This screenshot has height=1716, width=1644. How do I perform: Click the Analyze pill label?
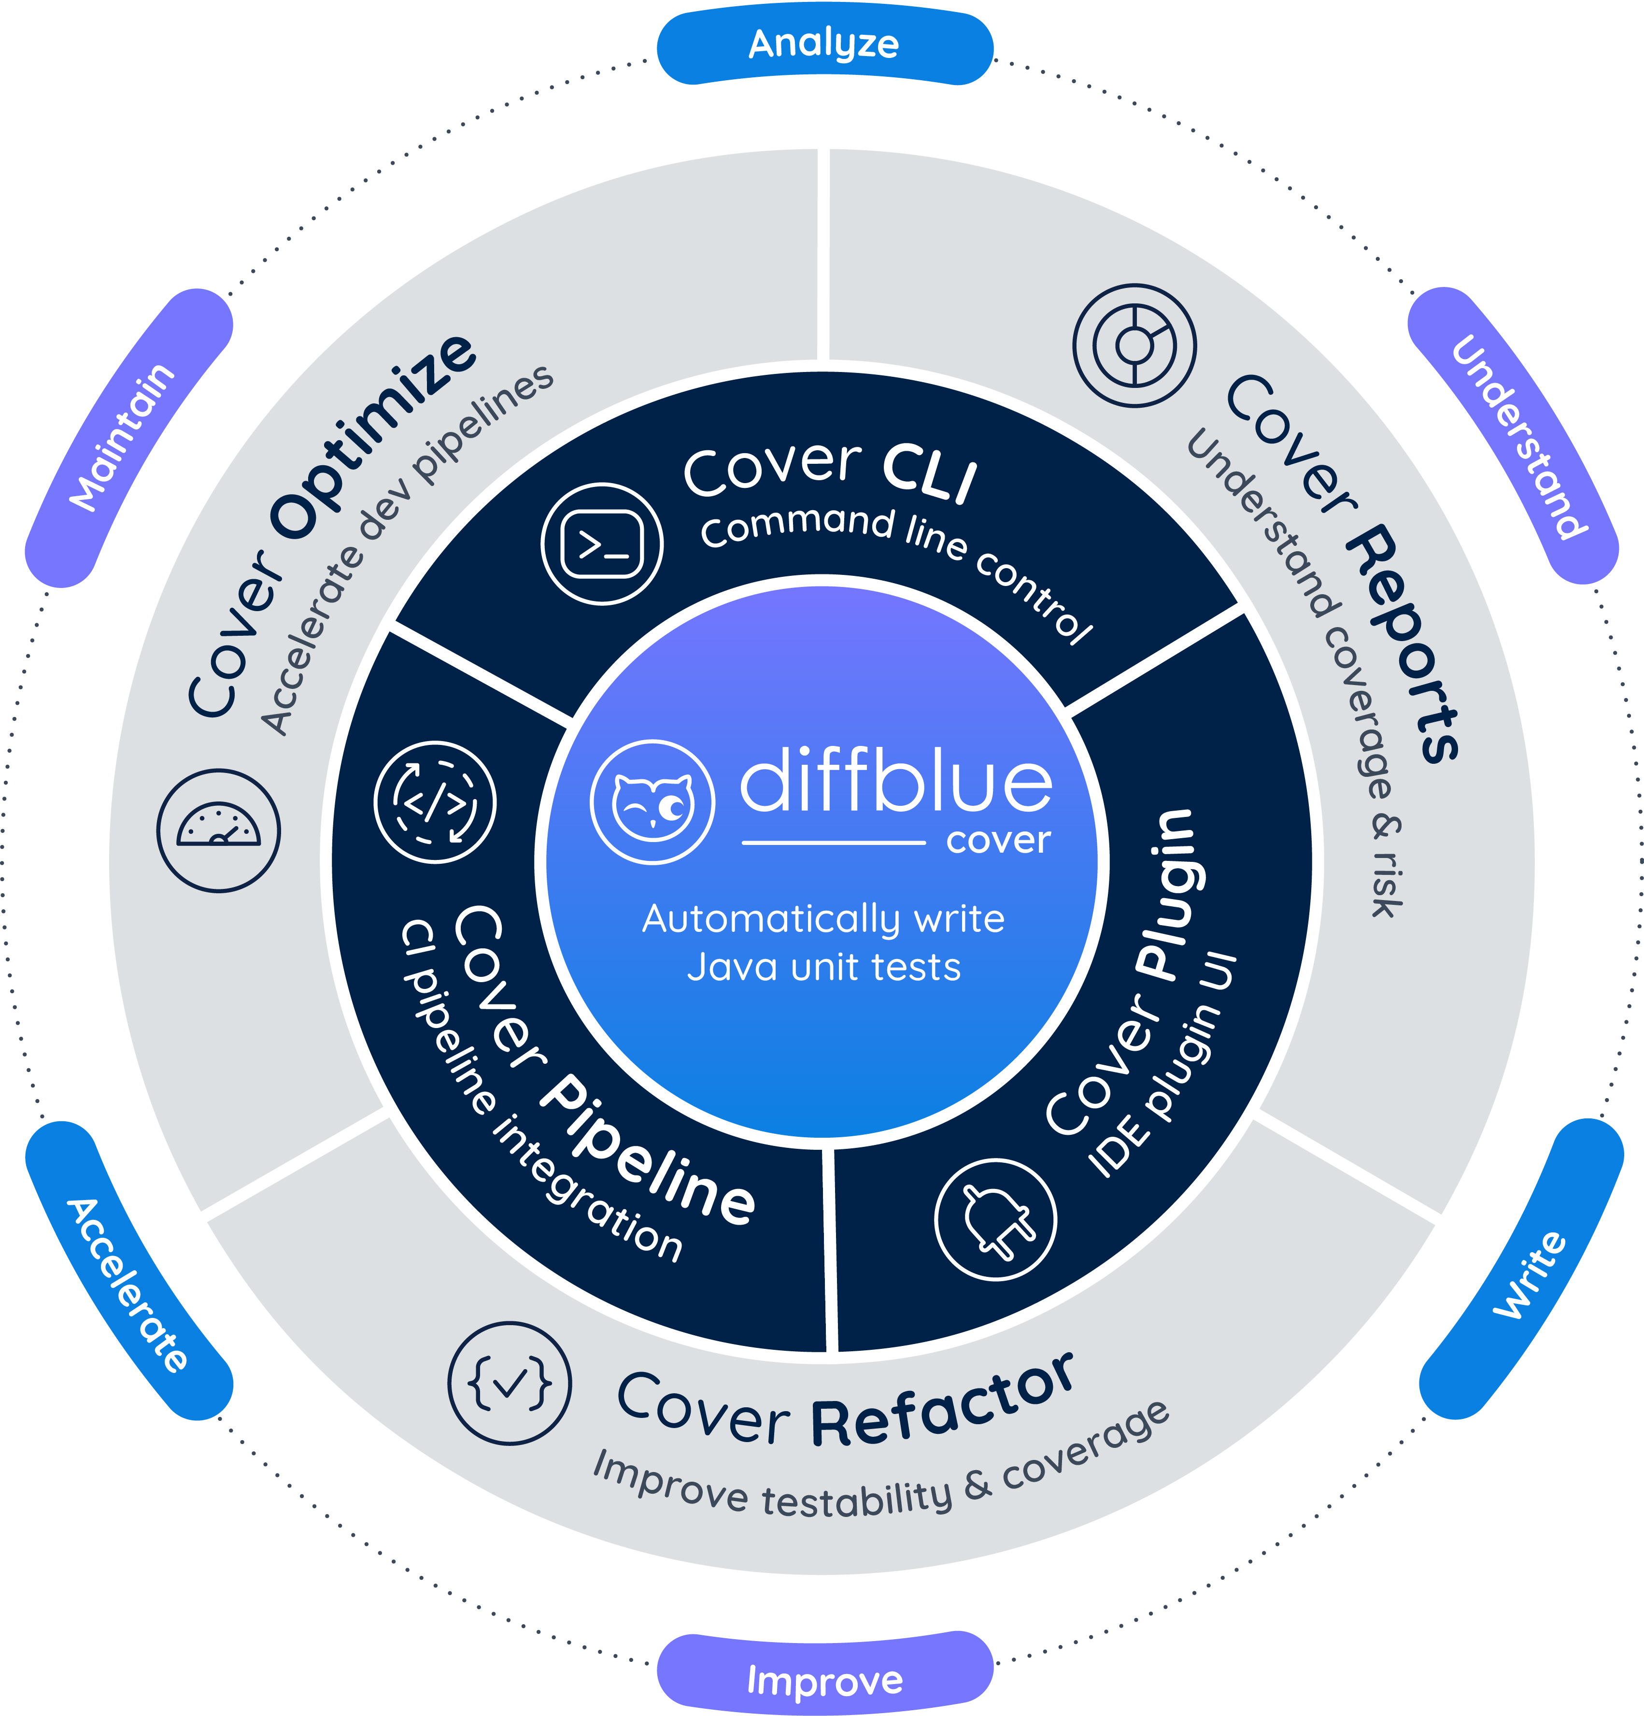tap(824, 44)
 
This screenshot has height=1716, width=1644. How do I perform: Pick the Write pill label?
tap(1528, 1274)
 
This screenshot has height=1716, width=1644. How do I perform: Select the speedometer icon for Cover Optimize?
tap(219, 830)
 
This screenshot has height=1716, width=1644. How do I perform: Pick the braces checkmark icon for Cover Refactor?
tap(510, 1383)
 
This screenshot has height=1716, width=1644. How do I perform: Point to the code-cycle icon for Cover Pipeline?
tap(435, 802)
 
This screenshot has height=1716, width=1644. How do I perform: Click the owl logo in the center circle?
tap(652, 802)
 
